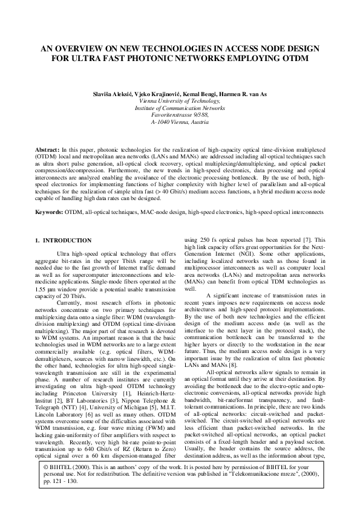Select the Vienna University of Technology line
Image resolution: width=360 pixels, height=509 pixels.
180,102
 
